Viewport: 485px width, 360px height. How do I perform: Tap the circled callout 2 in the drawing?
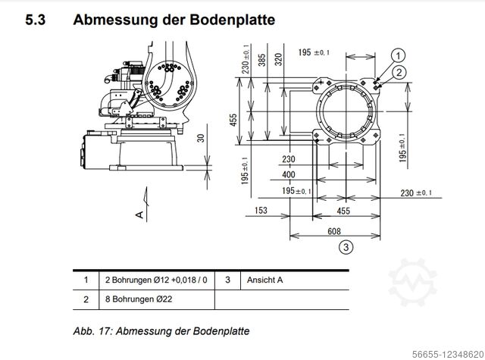click(x=399, y=72)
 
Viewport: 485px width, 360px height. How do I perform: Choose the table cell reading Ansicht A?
click(x=265, y=280)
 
